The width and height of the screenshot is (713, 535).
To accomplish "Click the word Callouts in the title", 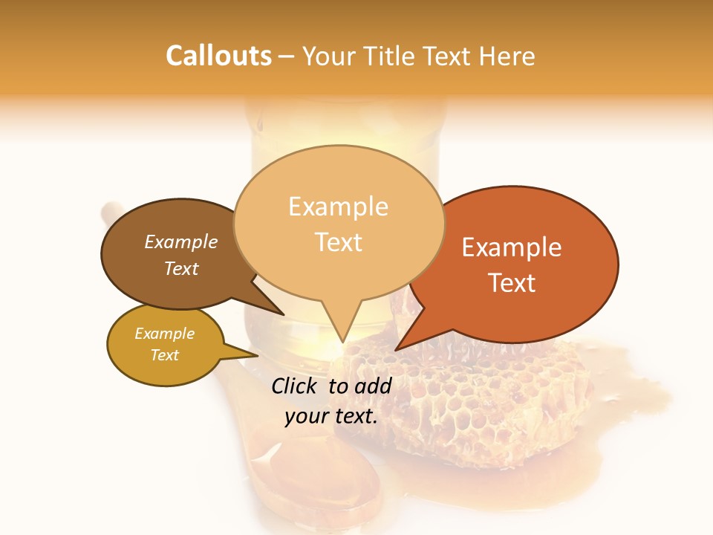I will click(218, 56).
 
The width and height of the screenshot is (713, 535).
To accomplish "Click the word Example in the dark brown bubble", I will click(181, 241).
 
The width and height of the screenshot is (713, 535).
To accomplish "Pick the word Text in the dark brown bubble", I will click(181, 268).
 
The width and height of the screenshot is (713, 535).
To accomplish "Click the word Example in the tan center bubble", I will click(338, 207).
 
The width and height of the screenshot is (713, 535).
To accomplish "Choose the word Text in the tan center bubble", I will click(338, 242).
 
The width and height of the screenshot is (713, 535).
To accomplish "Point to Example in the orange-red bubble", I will click(512, 247).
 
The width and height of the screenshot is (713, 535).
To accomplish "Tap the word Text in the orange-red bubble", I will click(512, 283).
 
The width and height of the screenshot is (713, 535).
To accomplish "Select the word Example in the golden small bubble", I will click(164, 334).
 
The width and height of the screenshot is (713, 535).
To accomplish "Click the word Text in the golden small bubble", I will click(164, 355).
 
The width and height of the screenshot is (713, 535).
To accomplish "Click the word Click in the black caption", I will click(296, 386).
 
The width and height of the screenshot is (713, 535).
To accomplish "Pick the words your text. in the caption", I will click(331, 416).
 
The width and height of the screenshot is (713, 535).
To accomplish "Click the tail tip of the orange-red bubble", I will click(395, 350).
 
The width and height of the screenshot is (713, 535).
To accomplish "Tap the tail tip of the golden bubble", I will click(258, 355).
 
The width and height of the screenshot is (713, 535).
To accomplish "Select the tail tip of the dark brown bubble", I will click(284, 315).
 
